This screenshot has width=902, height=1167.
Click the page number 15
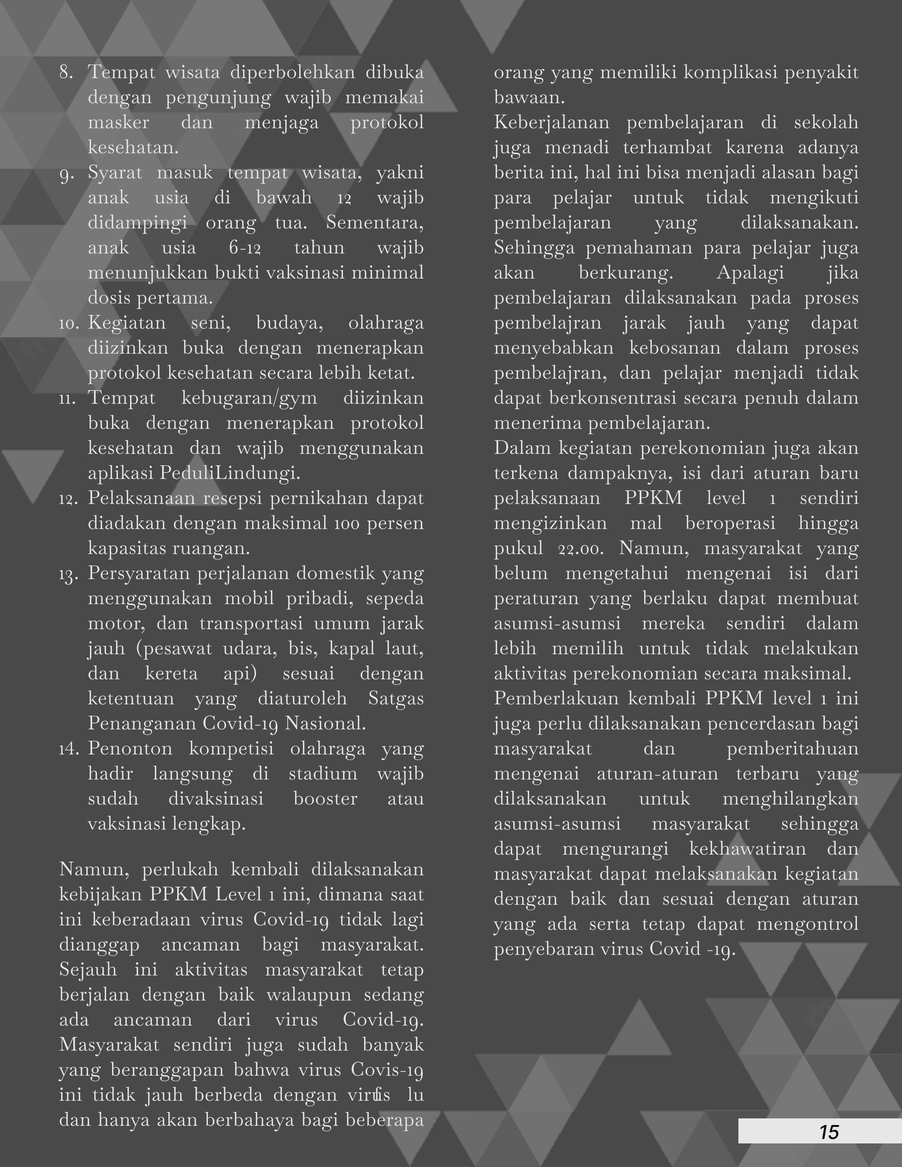coord(829,1132)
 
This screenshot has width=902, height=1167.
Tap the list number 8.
coord(66,73)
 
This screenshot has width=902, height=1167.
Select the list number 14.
coord(69,749)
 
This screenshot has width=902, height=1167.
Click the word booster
coord(325,799)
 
